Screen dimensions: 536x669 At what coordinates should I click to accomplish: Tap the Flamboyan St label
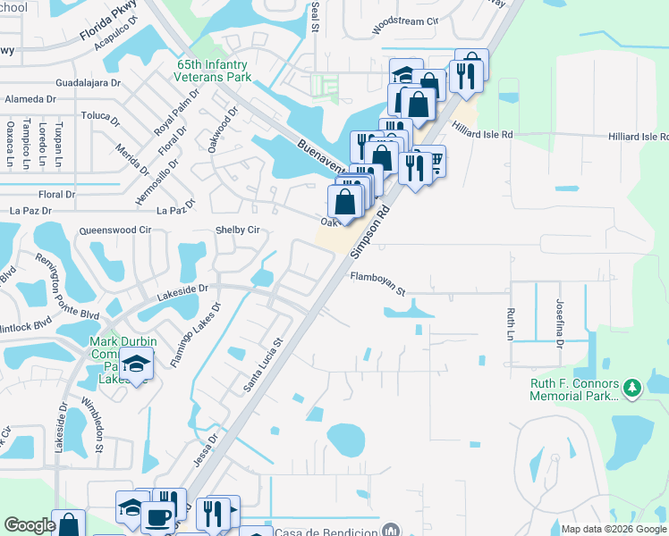point(377,284)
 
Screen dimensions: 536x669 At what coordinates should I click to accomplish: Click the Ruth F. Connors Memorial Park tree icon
point(633,387)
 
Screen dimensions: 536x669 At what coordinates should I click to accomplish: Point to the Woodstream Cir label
point(405,21)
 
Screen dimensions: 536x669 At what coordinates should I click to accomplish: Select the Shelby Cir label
point(237,230)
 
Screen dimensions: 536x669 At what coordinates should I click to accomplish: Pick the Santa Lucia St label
point(264,364)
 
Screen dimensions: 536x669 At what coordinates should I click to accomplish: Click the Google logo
point(30,525)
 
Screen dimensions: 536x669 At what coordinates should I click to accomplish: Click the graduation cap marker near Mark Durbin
point(136,364)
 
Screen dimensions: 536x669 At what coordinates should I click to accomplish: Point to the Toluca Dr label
point(99,117)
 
